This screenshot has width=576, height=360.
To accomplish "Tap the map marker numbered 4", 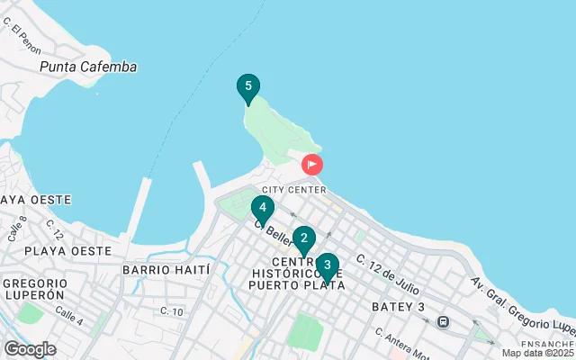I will coord(262,209).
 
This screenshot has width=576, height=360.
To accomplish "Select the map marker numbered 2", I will coord(304,239).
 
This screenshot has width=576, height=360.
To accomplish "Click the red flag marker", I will coord(312,165).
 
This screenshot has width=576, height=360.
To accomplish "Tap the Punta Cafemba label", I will coord(88,67).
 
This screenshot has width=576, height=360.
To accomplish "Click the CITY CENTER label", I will coord(294,190).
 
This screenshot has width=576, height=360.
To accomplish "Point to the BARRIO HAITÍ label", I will coord(166,269).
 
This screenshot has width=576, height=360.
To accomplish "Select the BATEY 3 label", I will coord(398,308).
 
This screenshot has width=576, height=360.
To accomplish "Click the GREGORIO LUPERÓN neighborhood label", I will coord(32,289).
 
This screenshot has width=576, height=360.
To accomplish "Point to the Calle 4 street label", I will coord(68,315).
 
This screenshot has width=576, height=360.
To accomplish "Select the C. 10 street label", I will coord(172,311).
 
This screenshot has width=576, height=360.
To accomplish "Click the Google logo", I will coord(30,349).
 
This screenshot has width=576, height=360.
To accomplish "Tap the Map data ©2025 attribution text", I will coord(538,353).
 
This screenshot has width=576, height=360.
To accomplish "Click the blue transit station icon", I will coord(443,321).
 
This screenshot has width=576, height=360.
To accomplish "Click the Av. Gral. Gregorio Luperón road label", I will coord(522,304).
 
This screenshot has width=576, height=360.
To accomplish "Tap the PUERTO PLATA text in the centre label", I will coord(298,285).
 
